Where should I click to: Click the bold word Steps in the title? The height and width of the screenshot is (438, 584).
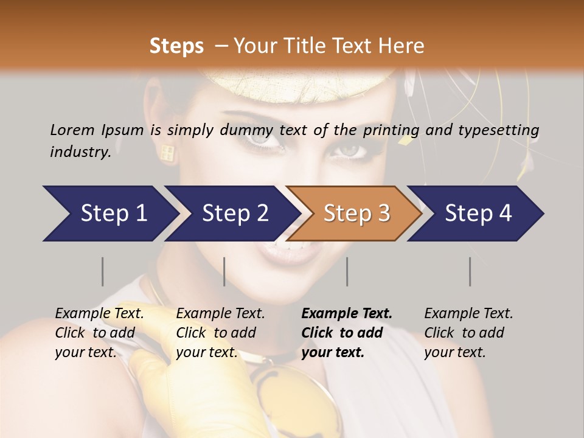coord(176,46)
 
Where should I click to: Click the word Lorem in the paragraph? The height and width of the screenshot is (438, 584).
coord(72,130)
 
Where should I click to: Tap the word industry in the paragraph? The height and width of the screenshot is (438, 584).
coord(80,151)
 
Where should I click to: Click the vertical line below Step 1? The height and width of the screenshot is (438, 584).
coord(103,271)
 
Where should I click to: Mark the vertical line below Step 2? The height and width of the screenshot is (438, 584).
coord(224,271)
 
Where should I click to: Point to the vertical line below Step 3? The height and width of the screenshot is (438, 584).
coord(347,271)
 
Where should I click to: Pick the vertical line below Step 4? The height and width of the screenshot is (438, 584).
coord(470,271)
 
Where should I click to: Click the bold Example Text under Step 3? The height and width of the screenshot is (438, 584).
coord(347,314)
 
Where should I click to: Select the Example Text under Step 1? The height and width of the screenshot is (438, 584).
coord(99,314)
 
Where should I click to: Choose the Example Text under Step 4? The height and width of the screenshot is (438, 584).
coord(468,314)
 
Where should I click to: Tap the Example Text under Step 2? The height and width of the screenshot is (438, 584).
coord(220,314)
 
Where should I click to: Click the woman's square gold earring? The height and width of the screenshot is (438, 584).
coord(167,153)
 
